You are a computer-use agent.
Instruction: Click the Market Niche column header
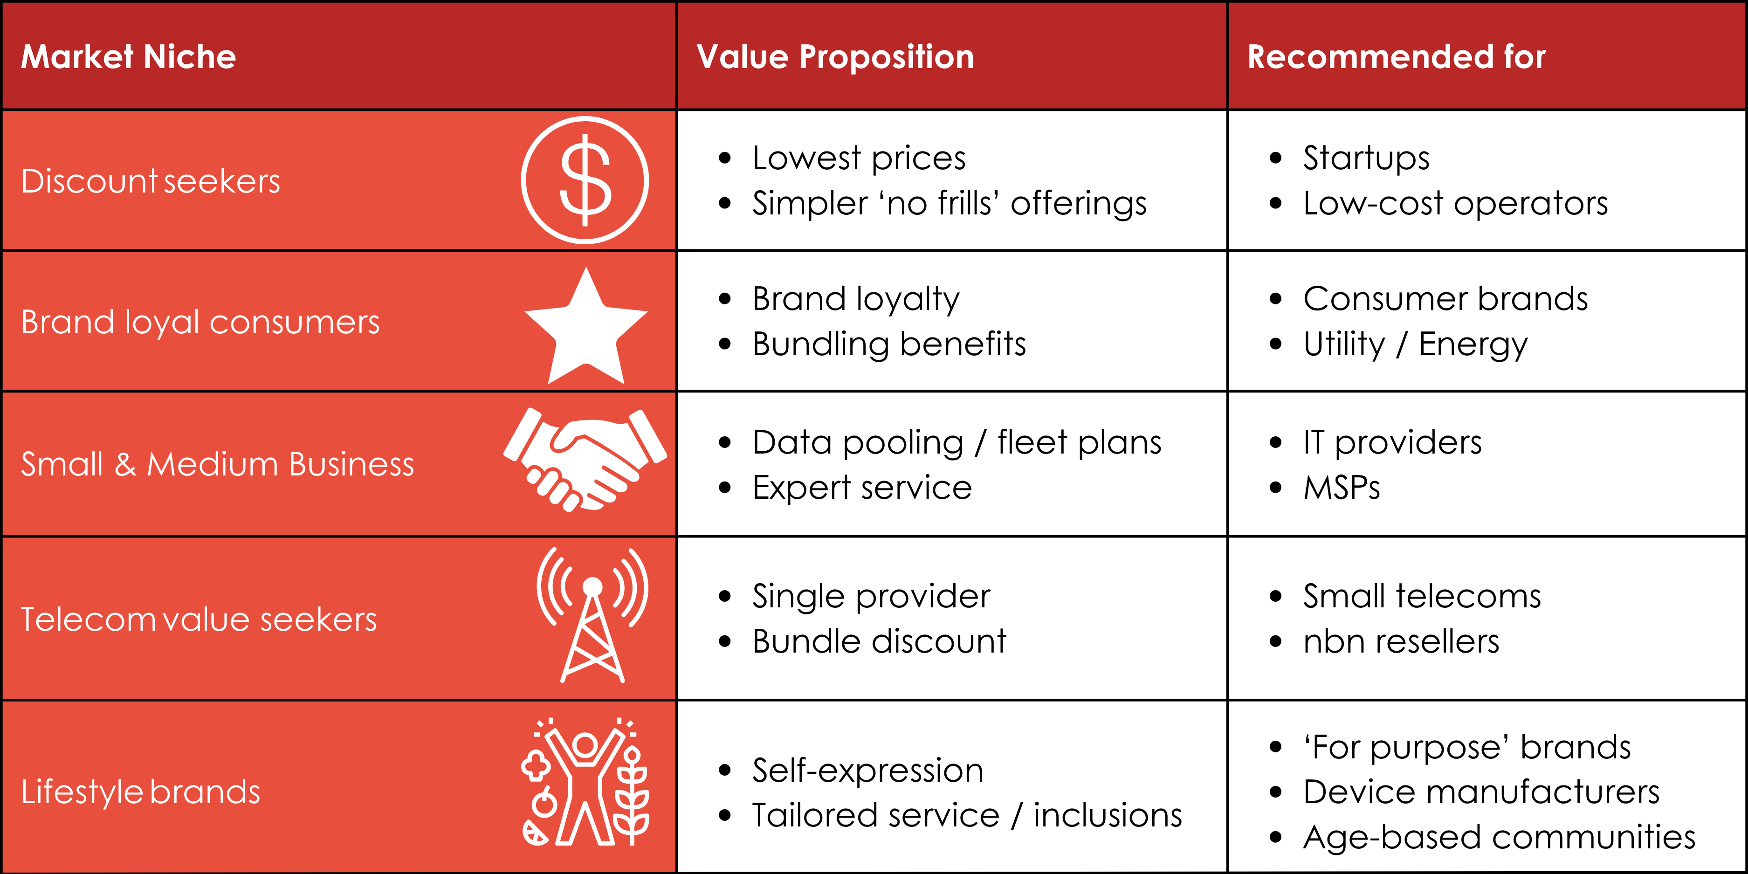(x=129, y=56)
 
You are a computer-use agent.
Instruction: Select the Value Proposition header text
(x=835, y=56)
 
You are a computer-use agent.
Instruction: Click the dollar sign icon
(x=585, y=180)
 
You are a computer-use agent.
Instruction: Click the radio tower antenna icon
(x=592, y=614)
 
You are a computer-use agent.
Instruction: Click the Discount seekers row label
(x=151, y=181)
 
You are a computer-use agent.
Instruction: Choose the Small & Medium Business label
(x=217, y=464)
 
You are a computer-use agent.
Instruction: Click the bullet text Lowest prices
(x=859, y=158)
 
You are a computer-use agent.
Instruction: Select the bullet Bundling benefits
(x=889, y=344)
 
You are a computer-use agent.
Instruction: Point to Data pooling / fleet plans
(x=957, y=442)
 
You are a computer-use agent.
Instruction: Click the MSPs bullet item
(x=1342, y=487)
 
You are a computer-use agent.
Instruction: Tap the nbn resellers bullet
(x=1401, y=641)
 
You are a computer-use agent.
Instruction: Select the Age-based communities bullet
(x=1498, y=837)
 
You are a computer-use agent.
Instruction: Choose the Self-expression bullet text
(x=867, y=770)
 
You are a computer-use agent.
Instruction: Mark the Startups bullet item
(x=1365, y=158)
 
